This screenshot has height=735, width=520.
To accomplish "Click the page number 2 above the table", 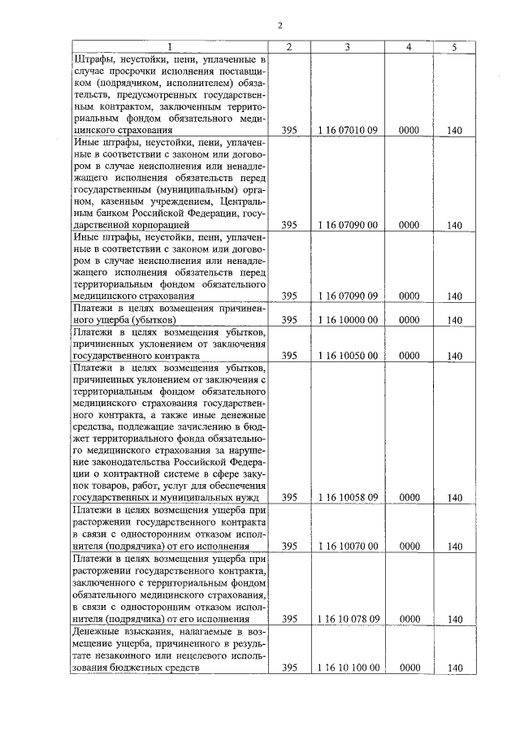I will pos(279,25).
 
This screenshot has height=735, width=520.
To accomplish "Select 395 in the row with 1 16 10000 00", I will pos(289,320).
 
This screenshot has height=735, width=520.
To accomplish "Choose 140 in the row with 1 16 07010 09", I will pos(454,130).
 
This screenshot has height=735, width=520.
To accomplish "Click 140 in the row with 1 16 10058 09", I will pos(454,497).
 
